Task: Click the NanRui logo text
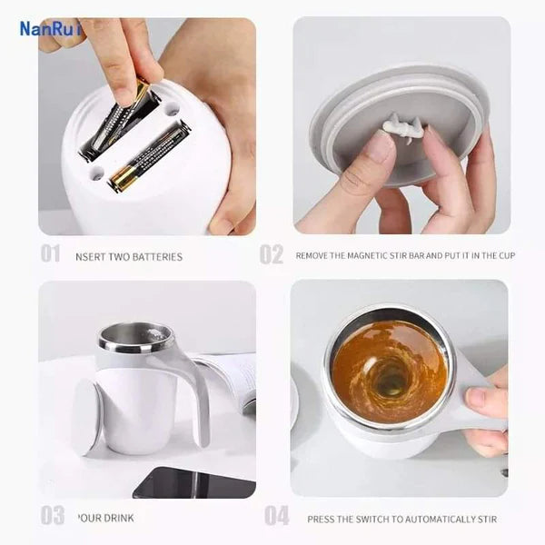[x=51, y=29]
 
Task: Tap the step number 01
[x=50, y=254]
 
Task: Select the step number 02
[x=272, y=254]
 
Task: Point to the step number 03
[x=53, y=516]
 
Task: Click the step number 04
[x=276, y=516]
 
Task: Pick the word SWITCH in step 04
[x=372, y=520]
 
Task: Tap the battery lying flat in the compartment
[x=150, y=156]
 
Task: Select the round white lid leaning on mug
[x=86, y=417]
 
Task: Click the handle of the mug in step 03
[x=194, y=391]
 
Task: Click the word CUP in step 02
[x=505, y=256]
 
